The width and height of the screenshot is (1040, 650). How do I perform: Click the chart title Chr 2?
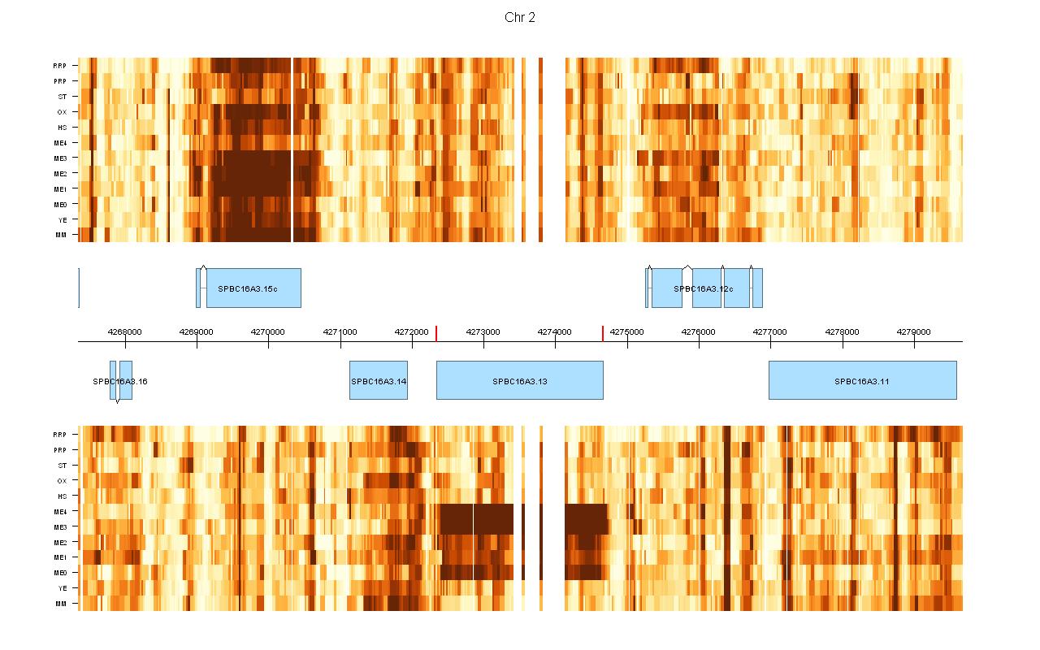tap(520, 18)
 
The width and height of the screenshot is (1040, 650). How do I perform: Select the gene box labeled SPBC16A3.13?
tap(520, 380)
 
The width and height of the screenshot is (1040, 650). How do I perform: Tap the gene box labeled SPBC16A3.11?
tap(862, 380)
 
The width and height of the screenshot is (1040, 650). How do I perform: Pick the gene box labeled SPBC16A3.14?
tap(379, 380)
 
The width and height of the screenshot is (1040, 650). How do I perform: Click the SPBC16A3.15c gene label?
tap(248, 288)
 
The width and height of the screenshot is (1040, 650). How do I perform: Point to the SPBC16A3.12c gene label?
tap(704, 288)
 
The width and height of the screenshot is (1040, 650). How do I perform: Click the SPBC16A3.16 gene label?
tap(120, 380)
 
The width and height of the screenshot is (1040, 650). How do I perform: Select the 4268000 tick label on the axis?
tap(124, 331)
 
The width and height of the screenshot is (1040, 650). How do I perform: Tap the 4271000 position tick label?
tap(340, 331)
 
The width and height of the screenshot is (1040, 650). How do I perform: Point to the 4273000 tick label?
tap(483, 331)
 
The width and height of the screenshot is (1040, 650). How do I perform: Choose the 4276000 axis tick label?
tap(699, 331)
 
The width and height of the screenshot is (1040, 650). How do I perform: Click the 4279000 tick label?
tap(914, 331)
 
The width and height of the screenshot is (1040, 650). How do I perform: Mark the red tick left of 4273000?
tap(436, 333)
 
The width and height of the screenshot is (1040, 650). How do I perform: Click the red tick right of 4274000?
tap(603, 333)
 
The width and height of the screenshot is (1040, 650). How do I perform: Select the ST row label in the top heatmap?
tap(63, 97)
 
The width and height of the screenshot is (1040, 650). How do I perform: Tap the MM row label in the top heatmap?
tap(61, 235)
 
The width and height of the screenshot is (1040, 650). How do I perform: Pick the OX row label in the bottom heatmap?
tap(62, 480)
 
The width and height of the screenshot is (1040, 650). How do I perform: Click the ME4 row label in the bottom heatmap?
tap(60, 511)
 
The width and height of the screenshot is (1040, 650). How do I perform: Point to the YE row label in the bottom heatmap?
tap(63, 587)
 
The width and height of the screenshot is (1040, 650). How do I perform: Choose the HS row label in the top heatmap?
tap(62, 128)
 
